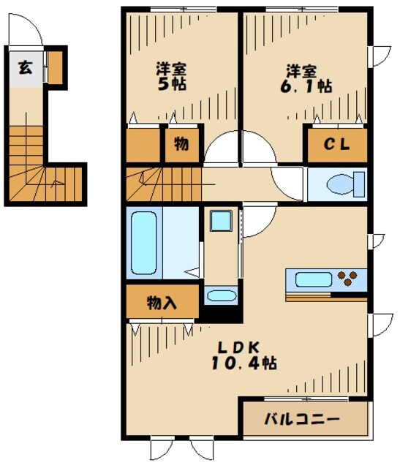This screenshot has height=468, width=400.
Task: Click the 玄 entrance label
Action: coord(24,69)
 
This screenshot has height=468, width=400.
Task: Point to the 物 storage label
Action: coord(181,144)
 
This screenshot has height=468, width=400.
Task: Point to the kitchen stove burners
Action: coord(350,279)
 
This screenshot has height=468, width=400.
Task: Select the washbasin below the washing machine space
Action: coord(221,296)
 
